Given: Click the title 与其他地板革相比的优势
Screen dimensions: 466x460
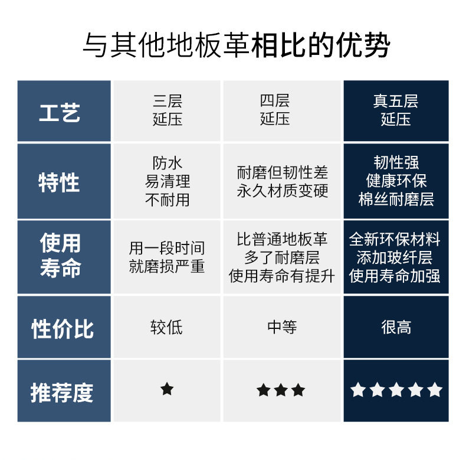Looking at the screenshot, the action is [x=236, y=45].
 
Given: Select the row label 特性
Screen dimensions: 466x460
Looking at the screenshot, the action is [x=59, y=182].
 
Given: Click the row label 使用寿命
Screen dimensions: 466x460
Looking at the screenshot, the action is [x=60, y=256].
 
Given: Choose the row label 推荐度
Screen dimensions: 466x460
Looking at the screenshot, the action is [x=62, y=392].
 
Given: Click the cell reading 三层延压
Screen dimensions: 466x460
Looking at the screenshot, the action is [x=168, y=110].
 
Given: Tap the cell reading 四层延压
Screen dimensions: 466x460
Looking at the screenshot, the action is [x=275, y=110].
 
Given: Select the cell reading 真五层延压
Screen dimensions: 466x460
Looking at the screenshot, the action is [x=395, y=110].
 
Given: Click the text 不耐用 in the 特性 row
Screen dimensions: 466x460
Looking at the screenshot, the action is [x=168, y=200].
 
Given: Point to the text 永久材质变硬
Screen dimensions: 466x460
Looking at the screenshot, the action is [x=282, y=191].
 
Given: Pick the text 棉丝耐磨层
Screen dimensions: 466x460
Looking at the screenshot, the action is [x=396, y=200].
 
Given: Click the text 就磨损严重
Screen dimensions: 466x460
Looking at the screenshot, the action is [x=167, y=266].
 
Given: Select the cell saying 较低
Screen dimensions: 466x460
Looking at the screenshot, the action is [x=167, y=327].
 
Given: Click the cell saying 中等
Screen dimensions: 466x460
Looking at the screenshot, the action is [x=282, y=327].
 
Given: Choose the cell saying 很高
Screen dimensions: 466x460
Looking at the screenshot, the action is [x=396, y=327].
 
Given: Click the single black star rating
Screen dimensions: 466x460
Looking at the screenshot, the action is [x=167, y=389].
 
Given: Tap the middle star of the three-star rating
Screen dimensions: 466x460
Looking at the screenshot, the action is [x=281, y=390].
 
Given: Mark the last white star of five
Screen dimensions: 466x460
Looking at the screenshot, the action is [x=435, y=390].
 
